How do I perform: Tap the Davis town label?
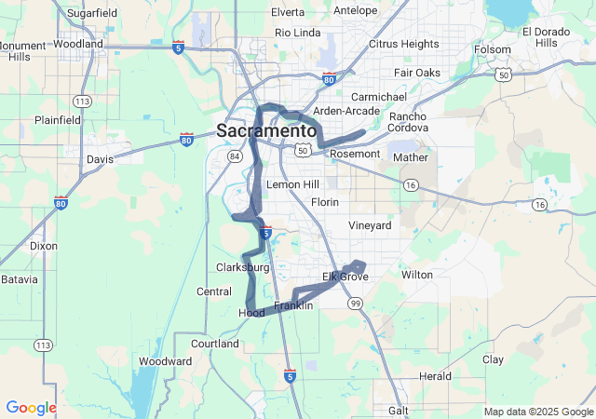(100, 159)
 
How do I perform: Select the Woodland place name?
(78, 44)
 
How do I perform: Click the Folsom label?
(493, 49)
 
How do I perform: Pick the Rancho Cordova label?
(408, 123)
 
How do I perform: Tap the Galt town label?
(398, 411)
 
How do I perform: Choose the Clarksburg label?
(242, 268)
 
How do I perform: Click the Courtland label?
(215, 344)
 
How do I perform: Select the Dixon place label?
(43, 247)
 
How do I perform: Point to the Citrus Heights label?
(403, 44)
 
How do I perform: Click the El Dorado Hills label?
(540, 37)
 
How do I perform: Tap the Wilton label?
(417, 276)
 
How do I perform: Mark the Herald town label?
(435, 376)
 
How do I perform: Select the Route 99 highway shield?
(355, 304)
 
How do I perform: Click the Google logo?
(31, 408)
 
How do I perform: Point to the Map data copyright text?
(537, 412)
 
